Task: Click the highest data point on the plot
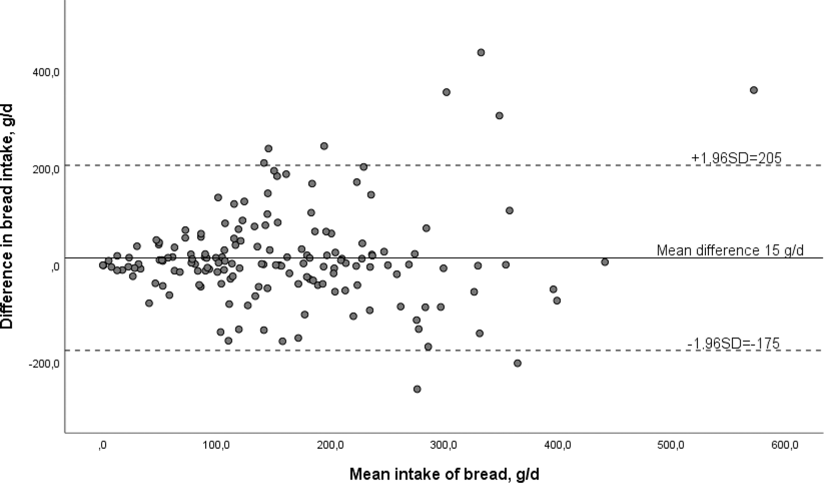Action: pyautogui.click(x=481, y=53)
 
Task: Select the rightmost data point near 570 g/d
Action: pyautogui.click(x=754, y=90)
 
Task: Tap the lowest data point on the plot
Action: pyautogui.click(x=417, y=389)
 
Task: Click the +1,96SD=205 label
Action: pyautogui.click(x=736, y=158)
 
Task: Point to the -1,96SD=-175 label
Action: pyautogui.click(x=733, y=343)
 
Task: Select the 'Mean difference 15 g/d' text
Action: pyautogui.click(x=730, y=250)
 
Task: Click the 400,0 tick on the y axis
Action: pyautogui.click(x=46, y=72)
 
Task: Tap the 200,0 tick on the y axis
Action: pyautogui.click(x=46, y=169)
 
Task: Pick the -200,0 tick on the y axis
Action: pyautogui.click(x=44, y=364)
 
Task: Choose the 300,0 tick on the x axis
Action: pyautogui.click(x=444, y=445)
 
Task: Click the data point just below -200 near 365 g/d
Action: pyautogui.click(x=518, y=363)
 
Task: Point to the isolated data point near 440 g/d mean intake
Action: pyautogui.click(x=605, y=262)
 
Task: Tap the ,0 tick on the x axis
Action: pyautogui.click(x=103, y=445)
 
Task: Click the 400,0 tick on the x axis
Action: pyautogui.click(x=557, y=445)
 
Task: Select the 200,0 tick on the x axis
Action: pyautogui.click(x=330, y=445)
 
